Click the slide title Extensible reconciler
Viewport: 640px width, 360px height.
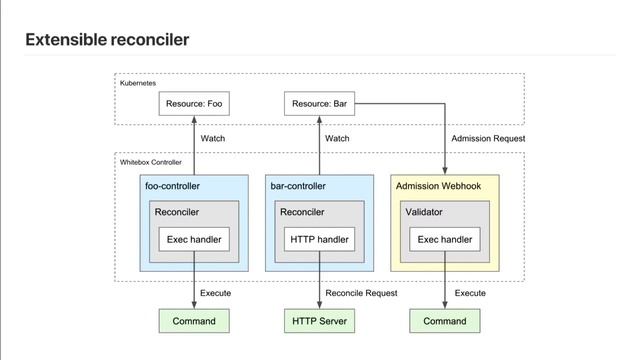(107, 40)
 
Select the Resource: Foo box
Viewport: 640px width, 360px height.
(194, 103)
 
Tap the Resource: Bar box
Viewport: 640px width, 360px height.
(319, 103)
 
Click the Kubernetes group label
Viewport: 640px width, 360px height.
(138, 84)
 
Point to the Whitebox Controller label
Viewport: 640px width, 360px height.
(151, 161)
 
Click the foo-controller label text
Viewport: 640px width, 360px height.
(173, 186)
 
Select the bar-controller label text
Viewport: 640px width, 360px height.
(298, 186)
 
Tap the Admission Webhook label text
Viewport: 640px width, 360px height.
(438, 186)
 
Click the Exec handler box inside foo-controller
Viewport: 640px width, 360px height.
(194, 240)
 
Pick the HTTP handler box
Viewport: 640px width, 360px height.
(319, 240)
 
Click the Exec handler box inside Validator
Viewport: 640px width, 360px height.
(444, 240)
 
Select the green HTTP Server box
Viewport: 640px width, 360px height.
(319, 321)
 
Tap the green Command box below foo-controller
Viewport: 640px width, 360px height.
(194, 321)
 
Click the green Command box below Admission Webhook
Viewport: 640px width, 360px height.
(444, 321)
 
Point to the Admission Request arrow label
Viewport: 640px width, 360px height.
(488, 138)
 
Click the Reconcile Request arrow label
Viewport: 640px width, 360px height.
(361, 294)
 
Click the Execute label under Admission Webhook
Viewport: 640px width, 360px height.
(470, 294)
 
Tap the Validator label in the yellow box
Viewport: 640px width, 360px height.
(424, 212)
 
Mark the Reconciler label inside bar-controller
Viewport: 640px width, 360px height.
(302, 212)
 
